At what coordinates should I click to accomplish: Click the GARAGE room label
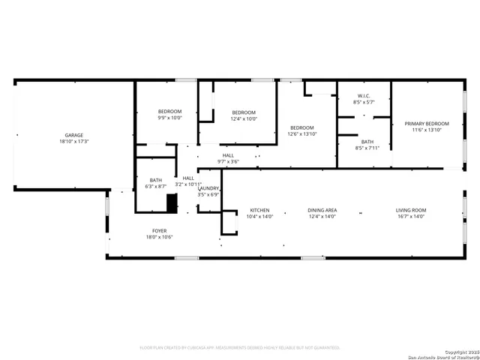[x=73, y=135]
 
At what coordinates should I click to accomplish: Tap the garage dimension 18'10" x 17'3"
[x=73, y=141]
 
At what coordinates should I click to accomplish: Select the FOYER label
[x=160, y=231]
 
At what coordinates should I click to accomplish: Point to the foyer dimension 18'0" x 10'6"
[x=160, y=237]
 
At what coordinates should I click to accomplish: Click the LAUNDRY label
[x=208, y=188]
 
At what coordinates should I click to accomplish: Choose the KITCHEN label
[x=260, y=210]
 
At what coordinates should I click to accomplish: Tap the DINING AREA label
[x=322, y=210]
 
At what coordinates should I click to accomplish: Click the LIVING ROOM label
[x=411, y=210]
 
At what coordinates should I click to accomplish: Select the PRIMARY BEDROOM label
[x=427, y=124]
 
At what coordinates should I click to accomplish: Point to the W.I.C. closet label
[x=364, y=96]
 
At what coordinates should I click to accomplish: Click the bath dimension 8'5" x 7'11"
[x=367, y=148]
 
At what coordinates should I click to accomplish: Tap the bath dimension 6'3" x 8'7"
[x=156, y=186]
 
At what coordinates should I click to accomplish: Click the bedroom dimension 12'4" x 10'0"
[x=244, y=118]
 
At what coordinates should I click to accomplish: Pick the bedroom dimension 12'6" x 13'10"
[x=302, y=133]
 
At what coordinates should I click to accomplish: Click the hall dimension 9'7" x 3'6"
[x=228, y=161]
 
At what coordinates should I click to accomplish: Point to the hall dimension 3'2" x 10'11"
[x=188, y=184]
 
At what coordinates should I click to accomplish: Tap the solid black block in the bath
[x=171, y=204]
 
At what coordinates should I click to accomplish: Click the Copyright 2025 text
[x=459, y=352]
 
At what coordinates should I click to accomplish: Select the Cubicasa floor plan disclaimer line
[x=240, y=347]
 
